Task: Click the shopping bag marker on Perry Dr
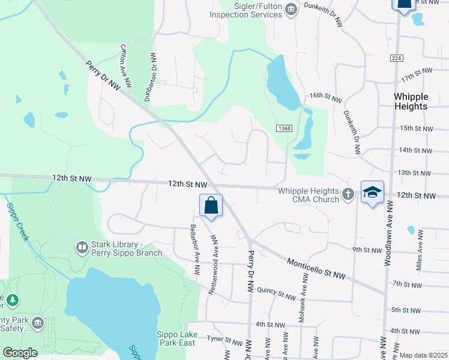211,205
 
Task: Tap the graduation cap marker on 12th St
372,192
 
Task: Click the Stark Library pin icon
82,247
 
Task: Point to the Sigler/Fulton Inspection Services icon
291,8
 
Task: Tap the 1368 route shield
285,128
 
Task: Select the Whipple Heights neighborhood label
411,101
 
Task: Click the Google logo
20,353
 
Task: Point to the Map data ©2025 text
423,355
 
